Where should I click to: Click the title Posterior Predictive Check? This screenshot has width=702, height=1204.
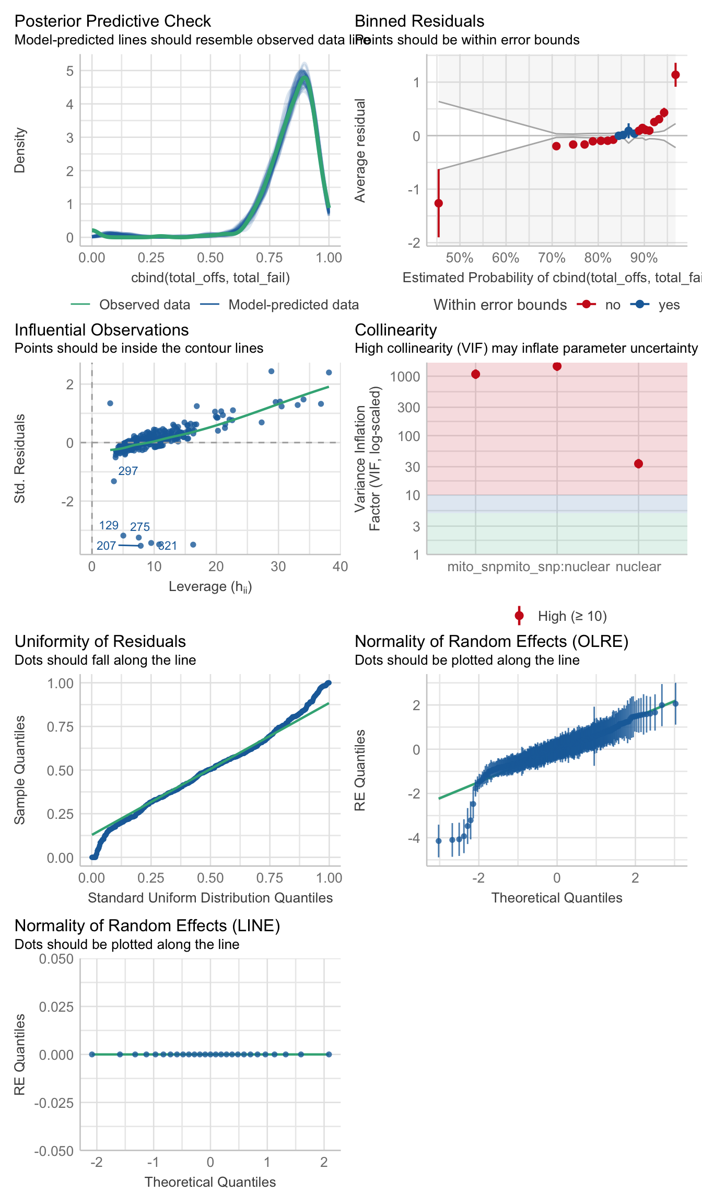(x=112, y=21)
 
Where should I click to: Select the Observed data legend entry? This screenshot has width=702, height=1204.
(x=144, y=305)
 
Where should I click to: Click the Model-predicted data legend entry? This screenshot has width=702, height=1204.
(x=293, y=305)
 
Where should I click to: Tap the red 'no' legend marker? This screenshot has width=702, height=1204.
(x=587, y=305)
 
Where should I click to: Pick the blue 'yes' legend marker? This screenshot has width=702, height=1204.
(x=640, y=305)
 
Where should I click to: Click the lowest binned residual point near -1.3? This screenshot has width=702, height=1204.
(x=438, y=203)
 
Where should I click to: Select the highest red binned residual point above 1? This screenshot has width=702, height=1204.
(x=675, y=75)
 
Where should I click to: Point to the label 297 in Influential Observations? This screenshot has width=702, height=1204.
(x=128, y=471)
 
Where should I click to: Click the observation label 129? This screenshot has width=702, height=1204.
(x=109, y=525)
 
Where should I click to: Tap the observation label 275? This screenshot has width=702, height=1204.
(x=140, y=527)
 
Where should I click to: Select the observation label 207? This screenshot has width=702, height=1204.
(x=106, y=546)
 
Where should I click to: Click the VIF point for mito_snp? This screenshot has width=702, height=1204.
(x=475, y=374)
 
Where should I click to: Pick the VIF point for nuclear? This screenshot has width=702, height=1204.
(x=638, y=464)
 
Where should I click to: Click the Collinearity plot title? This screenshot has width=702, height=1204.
(x=395, y=330)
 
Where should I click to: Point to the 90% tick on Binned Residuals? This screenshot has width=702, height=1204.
(x=643, y=258)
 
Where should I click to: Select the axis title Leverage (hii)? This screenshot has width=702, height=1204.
(x=210, y=587)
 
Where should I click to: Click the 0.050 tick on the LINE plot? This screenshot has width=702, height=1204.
(x=56, y=958)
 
